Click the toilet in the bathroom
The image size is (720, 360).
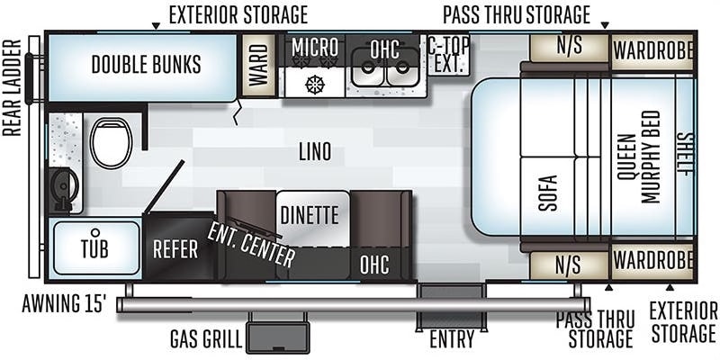pos(111,143)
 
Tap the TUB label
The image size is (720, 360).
pos(94,248)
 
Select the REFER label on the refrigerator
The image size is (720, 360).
pos(175,249)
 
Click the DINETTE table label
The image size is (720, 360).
pos(310,215)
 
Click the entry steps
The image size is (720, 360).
pos(451,307)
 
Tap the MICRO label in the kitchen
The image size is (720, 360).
pos(315,47)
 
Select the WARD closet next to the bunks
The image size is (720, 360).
pos(258,65)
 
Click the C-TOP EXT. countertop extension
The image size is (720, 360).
pos(448,55)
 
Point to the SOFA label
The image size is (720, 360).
pos(547,193)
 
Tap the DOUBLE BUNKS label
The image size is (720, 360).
pos(146,64)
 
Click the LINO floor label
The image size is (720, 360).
pos(315,152)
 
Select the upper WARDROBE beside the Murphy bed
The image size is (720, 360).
pos(652,51)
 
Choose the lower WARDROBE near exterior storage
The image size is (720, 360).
pos(652,261)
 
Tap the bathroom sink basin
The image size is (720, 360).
pos(64,188)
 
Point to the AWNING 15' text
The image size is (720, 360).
pos(64,304)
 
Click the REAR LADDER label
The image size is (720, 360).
pos(12,87)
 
